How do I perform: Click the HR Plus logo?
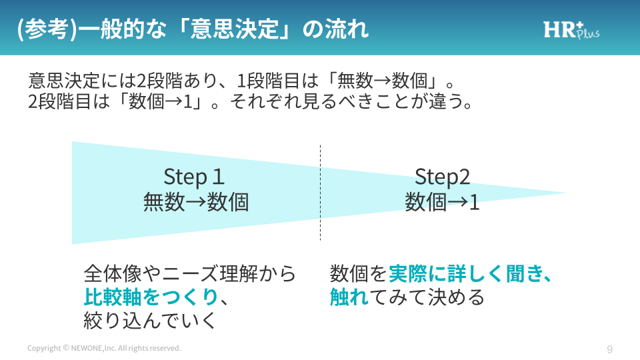coord(571,29)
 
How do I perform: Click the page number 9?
coord(609,349)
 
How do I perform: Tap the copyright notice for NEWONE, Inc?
coord(104,349)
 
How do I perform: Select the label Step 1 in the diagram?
coord(194,177)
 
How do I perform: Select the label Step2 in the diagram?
coord(442,177)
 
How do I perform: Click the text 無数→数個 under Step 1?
coord(195,201)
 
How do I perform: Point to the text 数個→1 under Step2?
coord(442,201)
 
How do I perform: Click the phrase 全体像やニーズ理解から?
coord(190,274)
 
